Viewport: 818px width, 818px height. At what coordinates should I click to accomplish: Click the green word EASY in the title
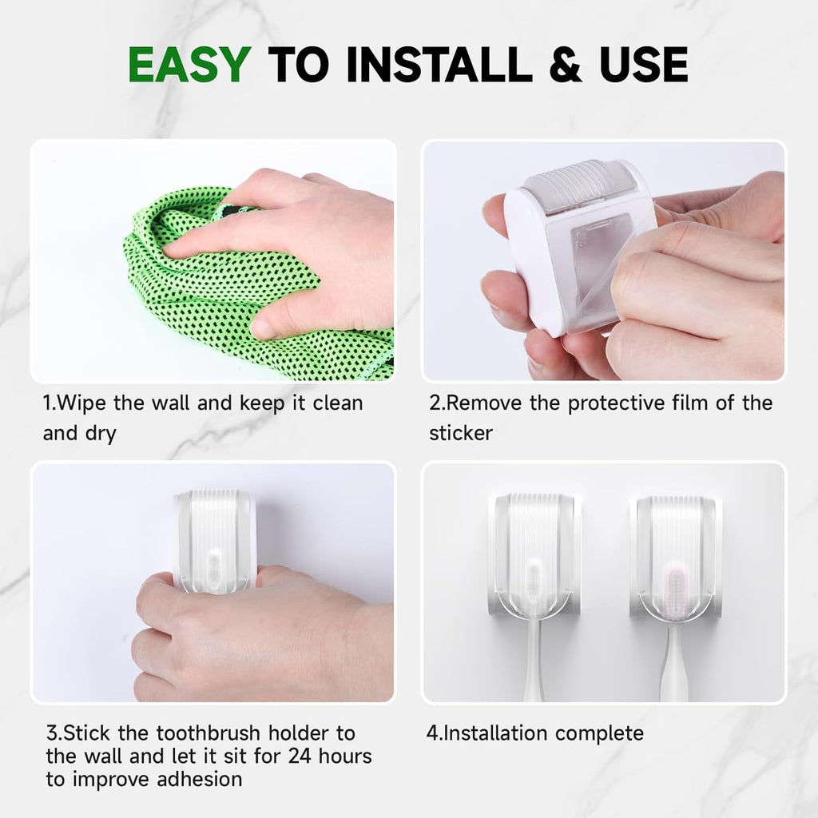click(189, 66)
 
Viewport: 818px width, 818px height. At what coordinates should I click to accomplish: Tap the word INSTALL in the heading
click(443, 66)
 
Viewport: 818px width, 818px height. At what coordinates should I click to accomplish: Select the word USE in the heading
click(645, 66)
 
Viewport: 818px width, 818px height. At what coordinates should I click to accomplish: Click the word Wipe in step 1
click(82, 403)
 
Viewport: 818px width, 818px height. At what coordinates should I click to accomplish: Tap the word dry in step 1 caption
click(100, 434)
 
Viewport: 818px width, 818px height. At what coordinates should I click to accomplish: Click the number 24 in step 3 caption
click(302, 756)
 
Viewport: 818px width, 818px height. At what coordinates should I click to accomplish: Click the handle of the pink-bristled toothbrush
click(674, 663)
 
